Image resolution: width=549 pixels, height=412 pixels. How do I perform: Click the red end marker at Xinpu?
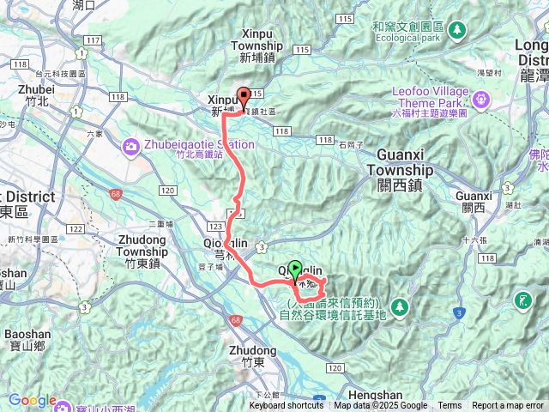point(243,97)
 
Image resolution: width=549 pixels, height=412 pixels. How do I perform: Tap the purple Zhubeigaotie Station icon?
point(130,145)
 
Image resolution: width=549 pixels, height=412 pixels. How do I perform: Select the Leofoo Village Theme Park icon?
point(480,99)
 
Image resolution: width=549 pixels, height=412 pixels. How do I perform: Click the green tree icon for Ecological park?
point(458,29)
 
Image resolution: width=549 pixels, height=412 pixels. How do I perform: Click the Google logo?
point(32,401)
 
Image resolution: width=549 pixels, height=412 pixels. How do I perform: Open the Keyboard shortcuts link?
point(287,406)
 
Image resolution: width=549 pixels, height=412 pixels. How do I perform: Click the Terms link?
point(449,406)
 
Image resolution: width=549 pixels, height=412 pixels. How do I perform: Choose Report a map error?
point(508,406)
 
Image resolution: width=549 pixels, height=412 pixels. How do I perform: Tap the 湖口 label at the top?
point(84,5)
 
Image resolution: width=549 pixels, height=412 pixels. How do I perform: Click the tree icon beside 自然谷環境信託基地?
point(399,306)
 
